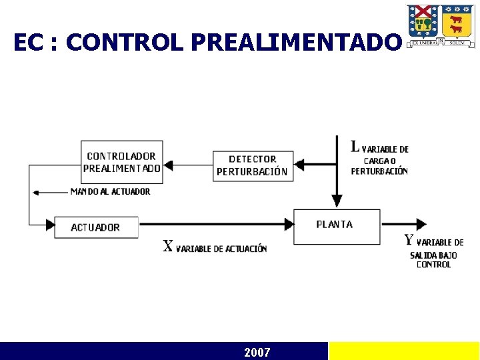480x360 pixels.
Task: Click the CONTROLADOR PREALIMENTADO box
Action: tap(121, 162)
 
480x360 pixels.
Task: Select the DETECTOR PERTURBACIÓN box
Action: tap(252, 165)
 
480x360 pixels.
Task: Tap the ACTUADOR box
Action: tap(96, 227)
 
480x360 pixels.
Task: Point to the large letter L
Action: tap(355, 147)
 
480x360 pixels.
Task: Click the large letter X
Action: tap(169, 246)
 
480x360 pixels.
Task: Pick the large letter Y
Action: tap(409, 241)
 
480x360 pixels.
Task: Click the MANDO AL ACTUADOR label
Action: tap(110, 192)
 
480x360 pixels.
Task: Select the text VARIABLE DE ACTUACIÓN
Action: tap(221, 249)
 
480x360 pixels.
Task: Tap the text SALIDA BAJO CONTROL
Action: tap(433, 260)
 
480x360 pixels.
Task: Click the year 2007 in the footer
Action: tap(257, 352)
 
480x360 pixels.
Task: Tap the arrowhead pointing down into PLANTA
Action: tap(337, 201)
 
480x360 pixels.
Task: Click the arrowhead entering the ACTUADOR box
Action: tap(49, 225)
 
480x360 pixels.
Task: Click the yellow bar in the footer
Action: tap(404, 351)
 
